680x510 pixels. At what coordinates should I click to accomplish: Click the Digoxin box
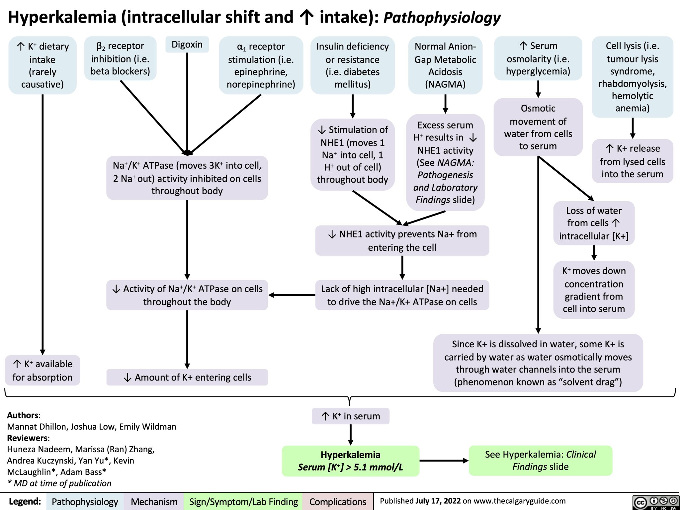(187, 44)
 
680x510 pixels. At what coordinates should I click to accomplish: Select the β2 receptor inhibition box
(120, 58)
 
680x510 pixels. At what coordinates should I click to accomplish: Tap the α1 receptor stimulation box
(261, 65)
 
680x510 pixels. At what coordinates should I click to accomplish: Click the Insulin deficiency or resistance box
(353, 65)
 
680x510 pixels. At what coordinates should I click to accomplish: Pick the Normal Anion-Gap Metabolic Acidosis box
(445, 65)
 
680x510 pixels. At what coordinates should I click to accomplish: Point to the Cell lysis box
(633, 77)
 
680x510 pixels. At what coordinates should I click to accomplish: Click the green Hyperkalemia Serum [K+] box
(351, 461)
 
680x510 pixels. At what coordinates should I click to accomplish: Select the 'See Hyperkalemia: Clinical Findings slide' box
(540, 461)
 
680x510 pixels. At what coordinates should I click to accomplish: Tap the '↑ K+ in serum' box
(351, 416)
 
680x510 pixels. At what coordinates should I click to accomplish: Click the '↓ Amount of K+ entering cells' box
(187, 377)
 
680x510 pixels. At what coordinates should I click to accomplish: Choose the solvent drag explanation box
(538, 363)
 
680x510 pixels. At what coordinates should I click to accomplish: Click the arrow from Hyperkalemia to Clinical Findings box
(444, 461)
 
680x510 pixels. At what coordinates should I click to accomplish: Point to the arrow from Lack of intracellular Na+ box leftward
(292, 295)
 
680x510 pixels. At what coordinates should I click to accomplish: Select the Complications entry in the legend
(338, 502)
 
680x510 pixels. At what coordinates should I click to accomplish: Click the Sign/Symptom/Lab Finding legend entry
(243, 502)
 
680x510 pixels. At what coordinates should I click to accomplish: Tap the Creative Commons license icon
(655, 502)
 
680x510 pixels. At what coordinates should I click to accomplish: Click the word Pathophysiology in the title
(442, 17)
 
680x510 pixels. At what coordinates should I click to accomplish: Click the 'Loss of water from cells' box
(594, 223)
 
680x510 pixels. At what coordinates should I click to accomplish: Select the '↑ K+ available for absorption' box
(42, 371)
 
